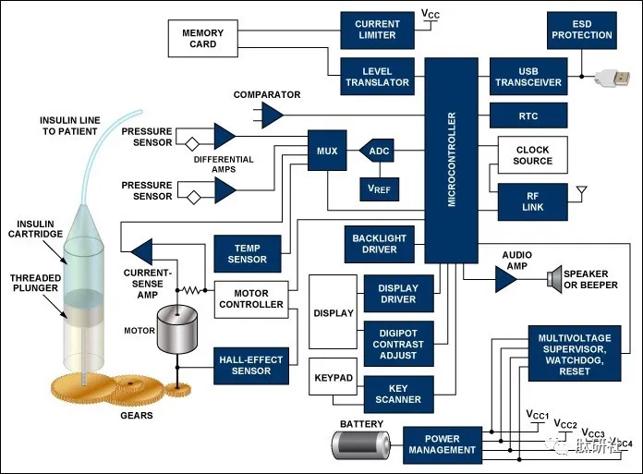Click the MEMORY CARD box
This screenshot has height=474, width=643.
point(202,39)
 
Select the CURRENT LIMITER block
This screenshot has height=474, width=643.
point(377,30)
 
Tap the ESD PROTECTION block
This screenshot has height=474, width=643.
point(581,30)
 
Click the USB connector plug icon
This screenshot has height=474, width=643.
point(613,78)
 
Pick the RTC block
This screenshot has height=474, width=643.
point(528,115)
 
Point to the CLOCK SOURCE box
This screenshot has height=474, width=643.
point(533,155)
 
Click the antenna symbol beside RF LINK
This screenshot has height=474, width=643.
point(581,193)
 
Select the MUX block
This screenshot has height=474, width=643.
point(327,151)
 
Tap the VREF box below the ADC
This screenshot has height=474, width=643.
point(380,189)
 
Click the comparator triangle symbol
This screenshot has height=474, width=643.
point(272,115)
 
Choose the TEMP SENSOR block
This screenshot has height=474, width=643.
point(248,254)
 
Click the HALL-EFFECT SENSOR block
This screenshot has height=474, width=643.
point(251,366)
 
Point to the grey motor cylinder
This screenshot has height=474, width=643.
point(177,329)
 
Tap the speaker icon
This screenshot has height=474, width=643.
point(554,279)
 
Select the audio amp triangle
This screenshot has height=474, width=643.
point(505,280)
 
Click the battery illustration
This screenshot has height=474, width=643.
point(361,445)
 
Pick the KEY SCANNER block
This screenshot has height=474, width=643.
point(398,394)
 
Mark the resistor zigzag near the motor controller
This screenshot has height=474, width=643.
point(192,290)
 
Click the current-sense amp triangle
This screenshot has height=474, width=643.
point(142,251)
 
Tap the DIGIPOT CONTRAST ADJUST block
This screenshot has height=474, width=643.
point(398,344)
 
